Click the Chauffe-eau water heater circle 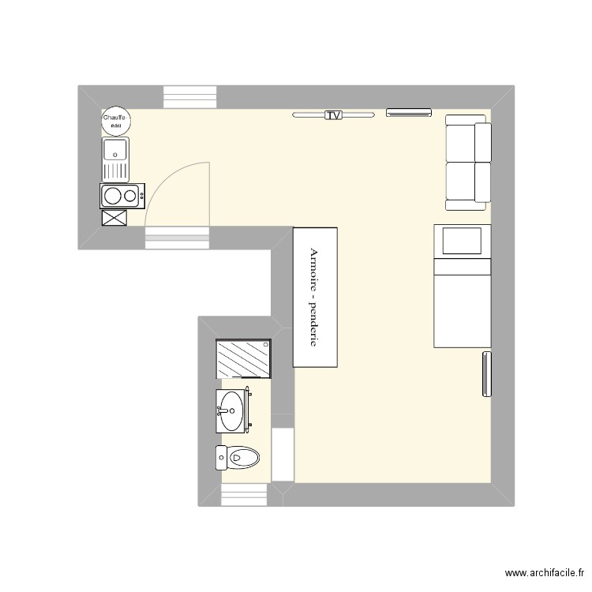[x=116, y=120]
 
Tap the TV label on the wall [x=333, y=115]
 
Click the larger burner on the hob [x=113, y=196]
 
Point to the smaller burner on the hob [x=129, y=196]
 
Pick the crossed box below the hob [x=114, y=217]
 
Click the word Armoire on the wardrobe [x=314, y=270]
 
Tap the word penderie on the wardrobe [x=314, y=324]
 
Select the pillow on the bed [x=461, y=240]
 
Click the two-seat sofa [x=467, y=162]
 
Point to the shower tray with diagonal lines [x=243, y=359]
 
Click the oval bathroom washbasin [x=232, y=410]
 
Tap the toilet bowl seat [x=245, y=457]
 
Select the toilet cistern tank [x=222, y=457]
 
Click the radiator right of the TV [x=409, y=112]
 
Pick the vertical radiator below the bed [x=485, y=374]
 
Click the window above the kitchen [x=189, y=96]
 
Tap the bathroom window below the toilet [x=245, y=495]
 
